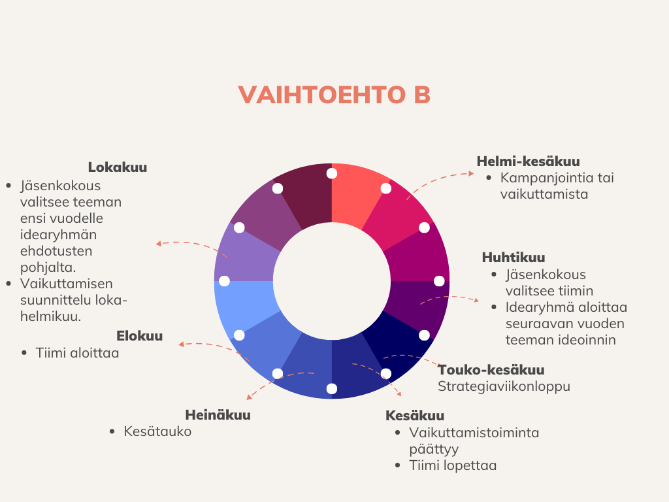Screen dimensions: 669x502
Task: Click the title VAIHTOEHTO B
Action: click(334, 95)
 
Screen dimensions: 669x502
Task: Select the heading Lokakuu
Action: click(118, 167)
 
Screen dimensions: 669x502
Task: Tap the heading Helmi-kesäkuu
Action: click(528, 161)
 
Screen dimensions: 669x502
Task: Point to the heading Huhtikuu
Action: click(514, 258)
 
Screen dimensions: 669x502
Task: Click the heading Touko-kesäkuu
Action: click(491, 370)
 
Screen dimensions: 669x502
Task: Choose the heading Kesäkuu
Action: click(415, 415)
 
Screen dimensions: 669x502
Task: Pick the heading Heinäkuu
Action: click(218, 415)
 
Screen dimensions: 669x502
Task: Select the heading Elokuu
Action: click(140, 336)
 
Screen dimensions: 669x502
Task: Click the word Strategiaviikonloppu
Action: click(504, 386)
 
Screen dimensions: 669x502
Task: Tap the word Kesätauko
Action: click(157, 431)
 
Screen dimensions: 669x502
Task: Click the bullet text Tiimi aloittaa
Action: click(77, 353)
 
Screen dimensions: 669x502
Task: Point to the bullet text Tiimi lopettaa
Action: click(453, 465)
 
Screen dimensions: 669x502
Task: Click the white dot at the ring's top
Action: click(331, 173)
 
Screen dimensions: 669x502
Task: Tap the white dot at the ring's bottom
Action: click(331, 388)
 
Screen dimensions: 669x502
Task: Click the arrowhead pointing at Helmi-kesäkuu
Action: click(471, 173)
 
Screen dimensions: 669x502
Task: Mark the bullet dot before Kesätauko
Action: click(112, 431)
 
